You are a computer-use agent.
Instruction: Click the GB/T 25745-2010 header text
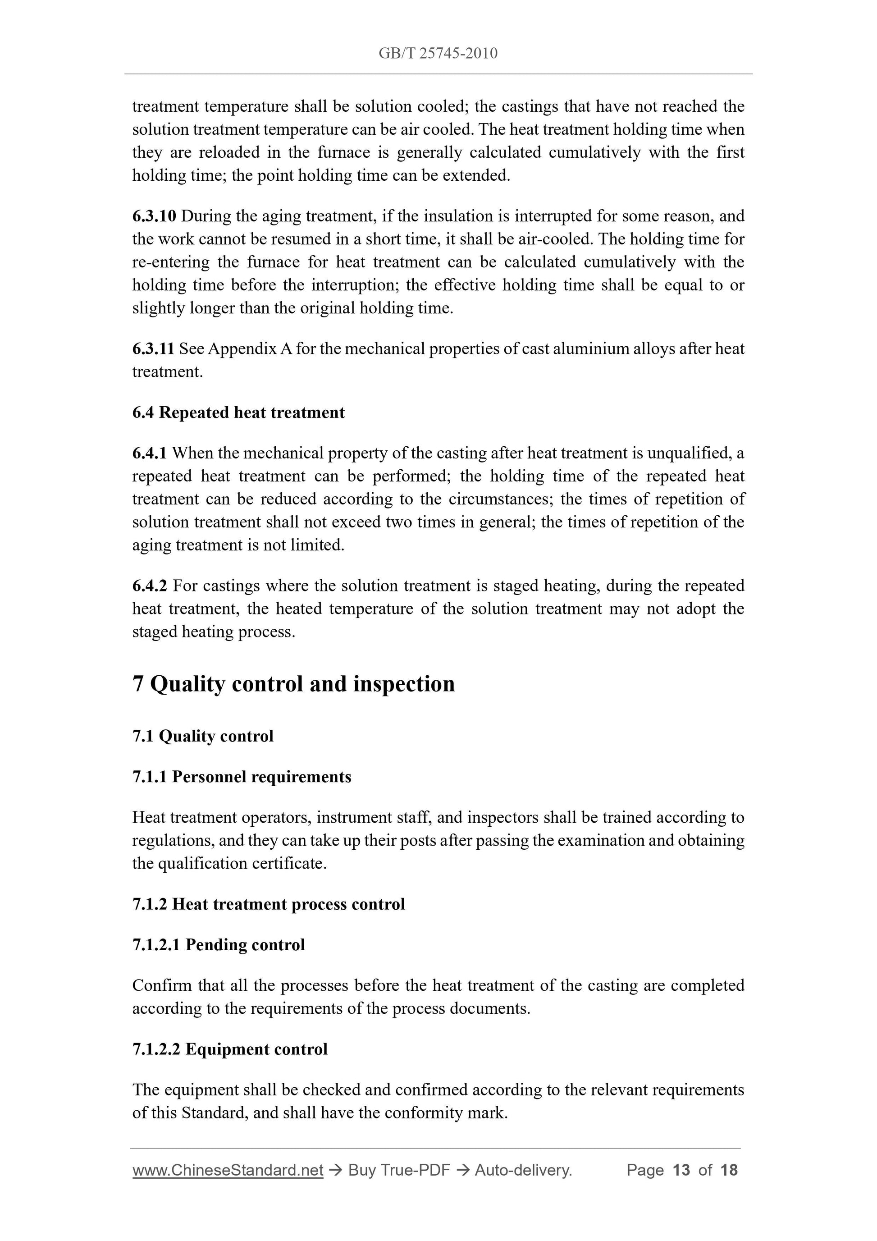point(438,53)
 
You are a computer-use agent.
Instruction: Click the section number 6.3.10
point(154,216)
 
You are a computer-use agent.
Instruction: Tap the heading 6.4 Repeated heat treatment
point(238,412)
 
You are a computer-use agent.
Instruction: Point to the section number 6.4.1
point(149,453)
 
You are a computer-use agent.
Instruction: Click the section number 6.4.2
point(150,586)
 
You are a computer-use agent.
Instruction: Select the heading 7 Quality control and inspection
point(293,684)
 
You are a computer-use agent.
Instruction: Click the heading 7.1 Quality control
point(203,736)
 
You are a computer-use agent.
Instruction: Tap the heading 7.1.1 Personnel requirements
point(242,777)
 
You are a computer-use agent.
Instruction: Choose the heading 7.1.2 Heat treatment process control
point(269,904)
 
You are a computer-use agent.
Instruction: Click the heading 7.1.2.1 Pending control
point(218,945)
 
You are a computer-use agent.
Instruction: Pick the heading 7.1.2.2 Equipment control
point(230,1049)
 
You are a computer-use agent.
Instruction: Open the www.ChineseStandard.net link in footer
point(228,1170)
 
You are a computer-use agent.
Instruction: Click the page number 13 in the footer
point(681,1170)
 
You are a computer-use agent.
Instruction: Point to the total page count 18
point(729,1170)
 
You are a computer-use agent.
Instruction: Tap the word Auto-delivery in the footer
point(523,1170)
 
